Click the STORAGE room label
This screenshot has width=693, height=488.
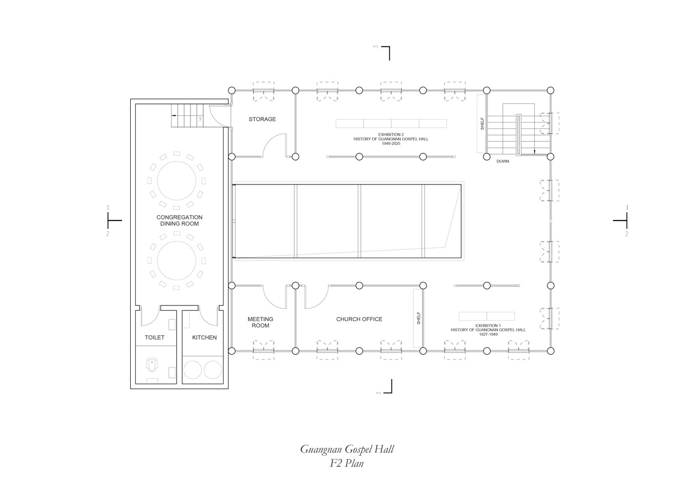point(262,119)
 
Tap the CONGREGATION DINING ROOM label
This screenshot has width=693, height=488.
point(180,220)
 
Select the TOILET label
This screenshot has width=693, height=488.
point(154,338)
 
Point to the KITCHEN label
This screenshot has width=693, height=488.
point(204,338)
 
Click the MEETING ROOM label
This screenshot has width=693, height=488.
point(260,322)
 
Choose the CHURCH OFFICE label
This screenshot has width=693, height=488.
point(359,319)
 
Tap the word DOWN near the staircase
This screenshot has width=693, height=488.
point(503,161)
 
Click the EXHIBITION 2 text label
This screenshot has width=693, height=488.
point(391,139)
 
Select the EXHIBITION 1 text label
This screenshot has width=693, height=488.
point(488,330)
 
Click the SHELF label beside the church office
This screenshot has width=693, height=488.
point(419,318)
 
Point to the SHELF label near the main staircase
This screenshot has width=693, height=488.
point(482,123)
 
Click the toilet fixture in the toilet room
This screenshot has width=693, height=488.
point(152,365)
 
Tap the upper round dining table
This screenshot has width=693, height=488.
point(176,181)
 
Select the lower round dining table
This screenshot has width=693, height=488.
point(176,261)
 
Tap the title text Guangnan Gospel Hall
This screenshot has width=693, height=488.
point(347,449)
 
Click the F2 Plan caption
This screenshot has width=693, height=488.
point(346,463)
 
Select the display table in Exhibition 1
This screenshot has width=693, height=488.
point(487,316)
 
